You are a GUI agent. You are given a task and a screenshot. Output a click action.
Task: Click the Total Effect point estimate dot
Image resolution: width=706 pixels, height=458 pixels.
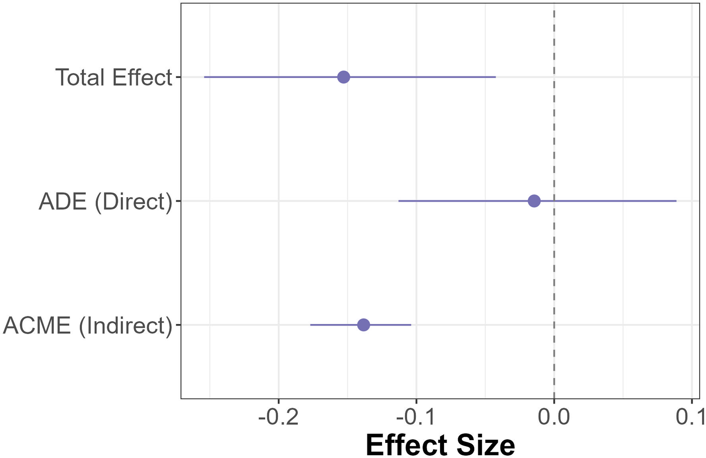click(343, 77)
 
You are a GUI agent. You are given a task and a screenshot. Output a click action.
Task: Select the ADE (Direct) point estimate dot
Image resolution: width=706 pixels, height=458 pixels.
click(534, 201)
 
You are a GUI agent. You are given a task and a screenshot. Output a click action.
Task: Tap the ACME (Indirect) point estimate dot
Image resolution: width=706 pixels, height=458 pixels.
click(363, 325)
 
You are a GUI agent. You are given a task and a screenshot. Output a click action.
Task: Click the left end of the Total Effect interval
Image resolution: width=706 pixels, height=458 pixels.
click(205, 77)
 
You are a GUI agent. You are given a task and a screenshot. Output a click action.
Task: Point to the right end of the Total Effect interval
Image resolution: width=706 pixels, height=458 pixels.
click(495, 77)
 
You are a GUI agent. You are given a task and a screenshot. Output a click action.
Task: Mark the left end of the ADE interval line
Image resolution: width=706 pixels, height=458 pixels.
click(399, 201)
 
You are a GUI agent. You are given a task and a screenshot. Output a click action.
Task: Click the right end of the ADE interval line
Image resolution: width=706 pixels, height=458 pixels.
click(676, 201)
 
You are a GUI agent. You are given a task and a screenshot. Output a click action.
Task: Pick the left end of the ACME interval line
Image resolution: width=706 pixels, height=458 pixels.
click(311, 325)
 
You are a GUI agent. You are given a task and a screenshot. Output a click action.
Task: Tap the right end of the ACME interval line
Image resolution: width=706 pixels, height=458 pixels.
click(411, 325)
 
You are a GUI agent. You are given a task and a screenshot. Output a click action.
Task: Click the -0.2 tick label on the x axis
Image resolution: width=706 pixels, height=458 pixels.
click(278, 417)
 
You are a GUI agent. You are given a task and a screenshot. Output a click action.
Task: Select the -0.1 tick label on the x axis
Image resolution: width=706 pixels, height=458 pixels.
click(416, 417)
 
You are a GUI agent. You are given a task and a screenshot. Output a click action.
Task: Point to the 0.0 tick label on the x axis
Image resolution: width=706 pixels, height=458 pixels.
click(554, 417)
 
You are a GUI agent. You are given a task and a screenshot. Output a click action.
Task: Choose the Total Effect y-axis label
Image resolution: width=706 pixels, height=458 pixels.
click(113, 77)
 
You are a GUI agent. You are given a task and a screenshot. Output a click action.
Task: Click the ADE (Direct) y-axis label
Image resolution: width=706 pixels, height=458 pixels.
click(105, 202)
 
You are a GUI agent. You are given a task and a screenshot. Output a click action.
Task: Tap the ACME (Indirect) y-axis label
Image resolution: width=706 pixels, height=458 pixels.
click(88, 325)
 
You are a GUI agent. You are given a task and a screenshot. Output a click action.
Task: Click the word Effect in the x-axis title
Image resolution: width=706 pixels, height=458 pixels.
click(406, 444)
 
